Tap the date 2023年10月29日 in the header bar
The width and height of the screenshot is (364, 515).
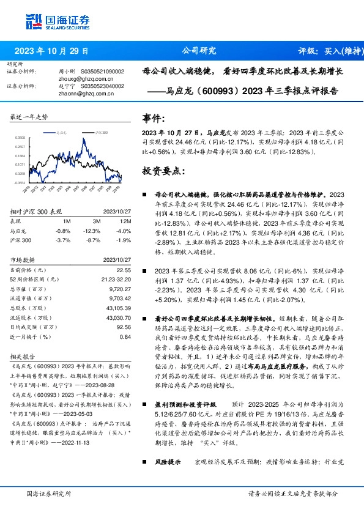51,51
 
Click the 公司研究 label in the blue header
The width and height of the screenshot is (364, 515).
199,51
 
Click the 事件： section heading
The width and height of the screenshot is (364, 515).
153,118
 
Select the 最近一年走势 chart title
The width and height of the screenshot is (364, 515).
29,116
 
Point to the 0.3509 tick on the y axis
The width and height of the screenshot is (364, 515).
20,138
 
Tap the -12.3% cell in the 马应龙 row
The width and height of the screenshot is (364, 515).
92,231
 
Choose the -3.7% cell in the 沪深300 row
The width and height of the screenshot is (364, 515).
63,240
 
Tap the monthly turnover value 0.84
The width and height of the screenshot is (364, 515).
125,336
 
